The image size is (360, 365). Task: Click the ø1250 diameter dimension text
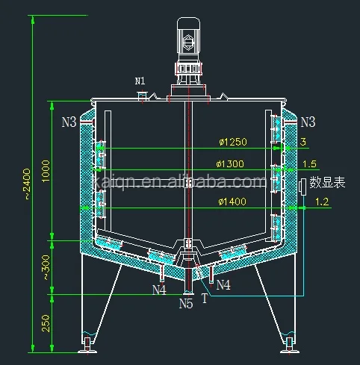point(233,142)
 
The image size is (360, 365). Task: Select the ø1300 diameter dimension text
point(230,163)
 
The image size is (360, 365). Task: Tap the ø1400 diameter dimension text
point(232,202)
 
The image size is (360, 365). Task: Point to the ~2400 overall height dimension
point(27,184)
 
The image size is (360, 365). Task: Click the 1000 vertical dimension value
point(46,171)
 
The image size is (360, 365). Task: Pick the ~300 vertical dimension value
point(46,267)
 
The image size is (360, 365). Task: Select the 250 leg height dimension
point(46,323)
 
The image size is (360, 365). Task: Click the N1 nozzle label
point(140,81)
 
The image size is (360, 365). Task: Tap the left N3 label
point(69,122)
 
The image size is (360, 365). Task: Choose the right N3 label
point(308,122)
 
